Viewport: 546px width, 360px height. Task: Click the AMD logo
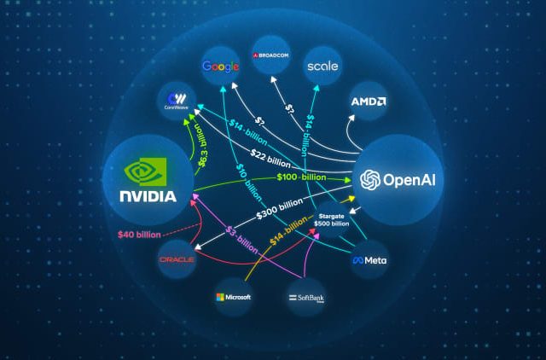click(x=369, y=102)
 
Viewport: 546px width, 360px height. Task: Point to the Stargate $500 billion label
click(x=332, y=221)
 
